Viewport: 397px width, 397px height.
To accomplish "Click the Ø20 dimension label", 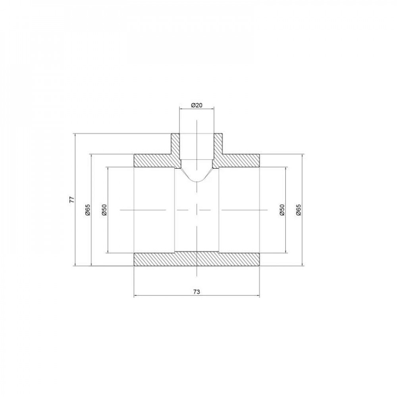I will [197, 105].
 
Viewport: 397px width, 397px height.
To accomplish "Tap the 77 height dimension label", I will [72, 200].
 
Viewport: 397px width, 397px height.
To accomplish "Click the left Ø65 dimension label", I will [88, 209].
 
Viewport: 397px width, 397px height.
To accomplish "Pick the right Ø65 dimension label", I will [298, 209].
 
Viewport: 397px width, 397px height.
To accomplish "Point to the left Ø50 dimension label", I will [104, 209].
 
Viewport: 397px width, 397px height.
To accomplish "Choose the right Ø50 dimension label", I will [281, 209].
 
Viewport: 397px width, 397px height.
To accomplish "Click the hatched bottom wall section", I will [197, 259].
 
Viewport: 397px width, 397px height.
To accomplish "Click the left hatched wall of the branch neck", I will [175, 145].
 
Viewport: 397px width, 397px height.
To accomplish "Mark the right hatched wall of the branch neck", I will [218, 145].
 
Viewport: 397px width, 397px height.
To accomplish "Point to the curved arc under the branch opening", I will [197, 181].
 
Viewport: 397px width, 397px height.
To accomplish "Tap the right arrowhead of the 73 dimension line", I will [259, 296].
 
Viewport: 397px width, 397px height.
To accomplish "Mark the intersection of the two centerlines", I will [197, 209].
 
